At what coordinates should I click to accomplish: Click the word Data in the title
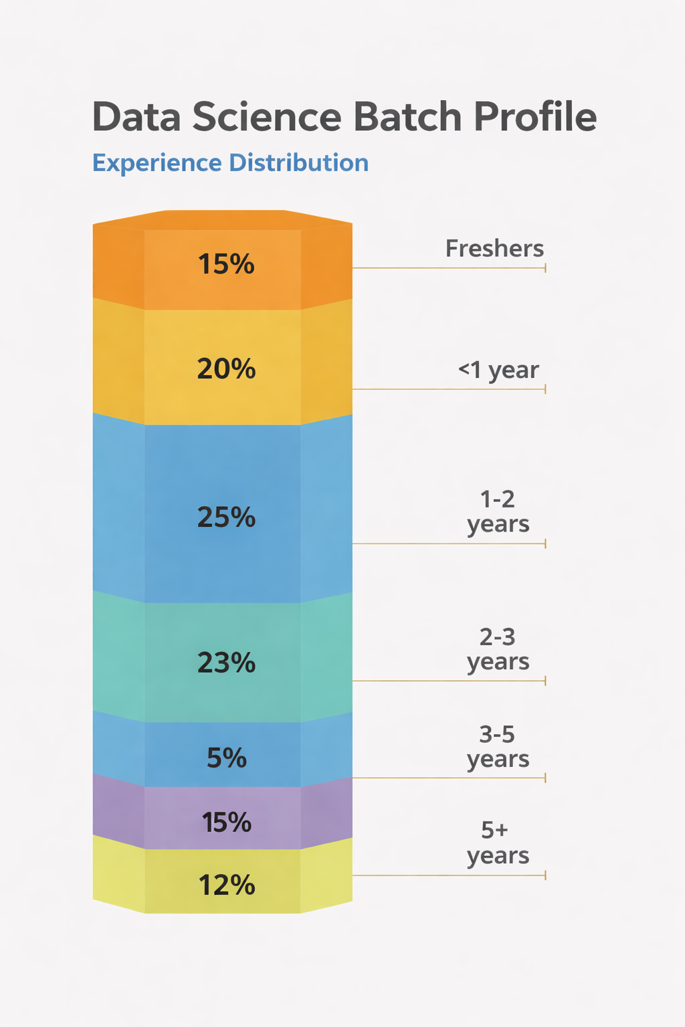coord(136,117)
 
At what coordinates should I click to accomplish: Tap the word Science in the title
coord(267,117)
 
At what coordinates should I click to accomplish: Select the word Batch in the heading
coord(407,117)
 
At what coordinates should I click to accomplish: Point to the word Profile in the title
coord(535,117)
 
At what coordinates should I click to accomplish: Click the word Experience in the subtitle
coord(157,163)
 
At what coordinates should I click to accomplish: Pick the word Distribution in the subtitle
coord(298,163)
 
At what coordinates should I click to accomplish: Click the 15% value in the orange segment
coord(226,265)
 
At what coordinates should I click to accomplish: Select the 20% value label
coord(226,369)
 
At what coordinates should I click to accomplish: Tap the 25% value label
coord(226,518)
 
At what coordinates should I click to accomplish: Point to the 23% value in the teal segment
coord(226,663)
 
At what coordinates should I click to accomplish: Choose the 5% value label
coord(226,758)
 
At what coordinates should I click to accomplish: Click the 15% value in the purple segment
coord(226,822)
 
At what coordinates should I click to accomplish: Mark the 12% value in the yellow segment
coord(226,886)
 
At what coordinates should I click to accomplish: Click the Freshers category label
coord(494,249)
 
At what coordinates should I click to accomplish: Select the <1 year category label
coord(498,370)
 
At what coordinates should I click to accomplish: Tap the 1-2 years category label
coord(498,511)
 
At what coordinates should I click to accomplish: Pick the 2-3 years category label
coord(498,649)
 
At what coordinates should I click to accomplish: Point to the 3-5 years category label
coord(498,747)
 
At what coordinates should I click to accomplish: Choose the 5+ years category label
coord(498,843)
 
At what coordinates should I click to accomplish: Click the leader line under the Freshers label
coord(448,268)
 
